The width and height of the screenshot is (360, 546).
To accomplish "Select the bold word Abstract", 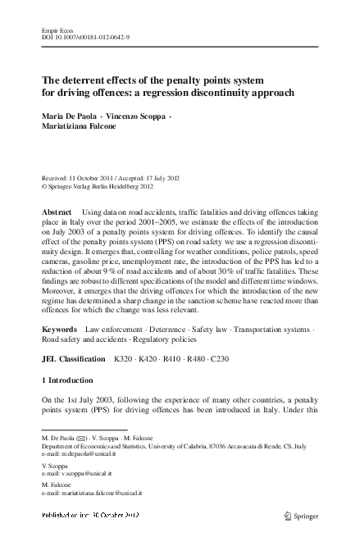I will tap(57, 212).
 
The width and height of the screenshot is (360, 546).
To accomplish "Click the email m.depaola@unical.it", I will tap(88, 455).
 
